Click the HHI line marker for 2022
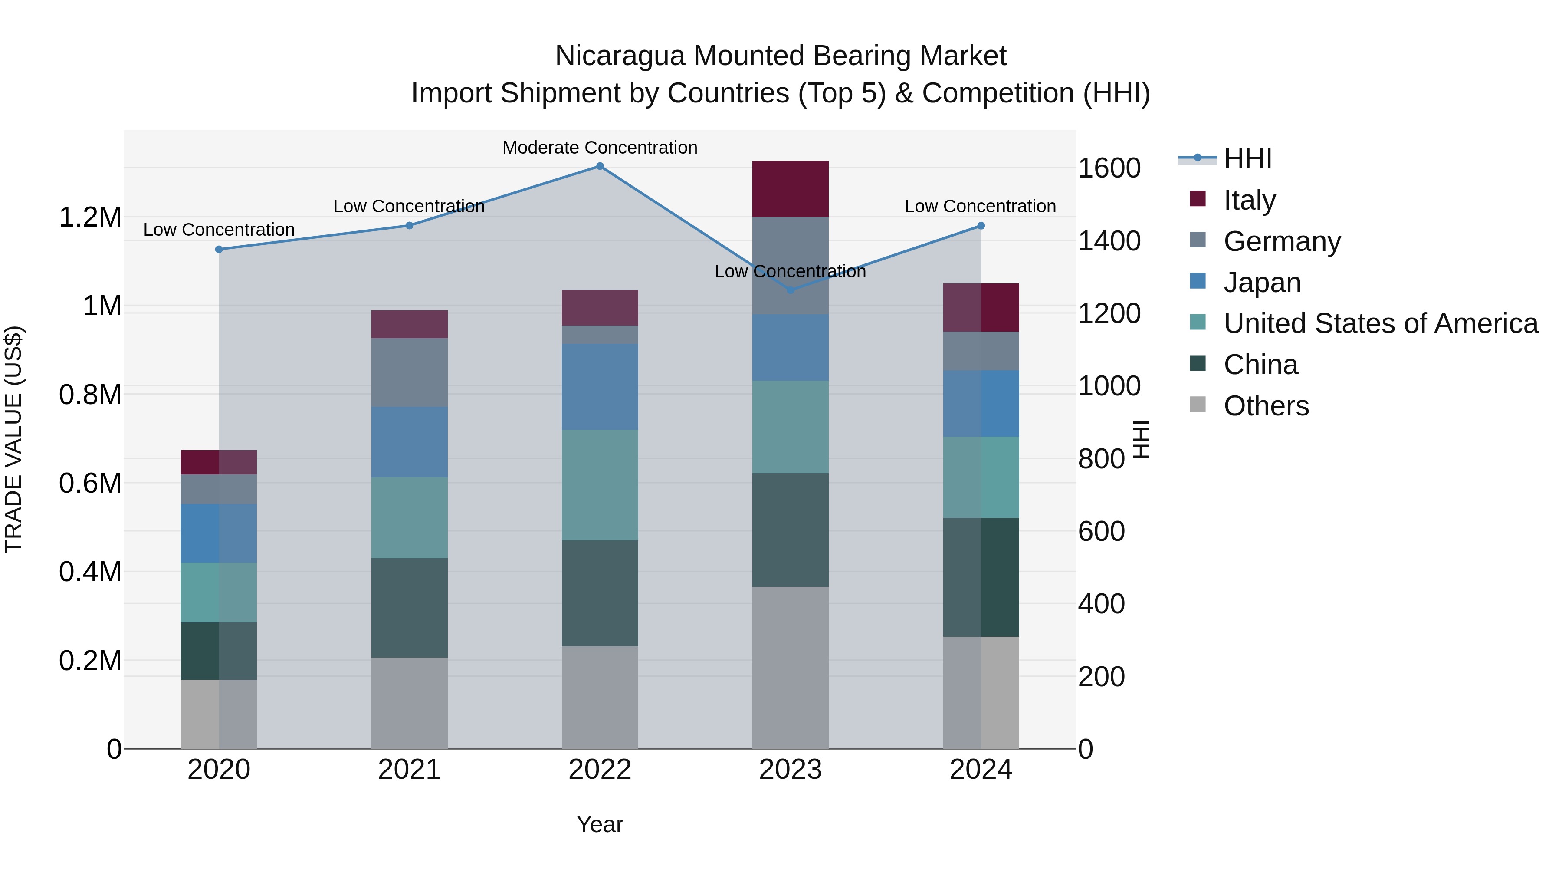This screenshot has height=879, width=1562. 600,166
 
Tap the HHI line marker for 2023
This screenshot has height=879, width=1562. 790,290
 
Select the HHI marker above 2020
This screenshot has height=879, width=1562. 219,249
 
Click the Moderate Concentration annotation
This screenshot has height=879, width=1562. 600,148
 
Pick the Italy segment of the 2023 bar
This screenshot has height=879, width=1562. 790,189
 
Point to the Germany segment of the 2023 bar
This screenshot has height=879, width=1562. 790,265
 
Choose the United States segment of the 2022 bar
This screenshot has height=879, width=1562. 600,485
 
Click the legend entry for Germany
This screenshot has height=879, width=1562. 1282,241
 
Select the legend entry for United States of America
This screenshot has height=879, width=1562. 1380,323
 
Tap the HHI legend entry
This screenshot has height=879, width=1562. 1247,159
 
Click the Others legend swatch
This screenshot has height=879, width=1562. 1198,405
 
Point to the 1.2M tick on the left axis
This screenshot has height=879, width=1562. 90,217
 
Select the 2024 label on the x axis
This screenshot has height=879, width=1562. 981,770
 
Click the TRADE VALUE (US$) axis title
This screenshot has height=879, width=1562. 13,439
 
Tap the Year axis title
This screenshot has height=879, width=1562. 600,824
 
